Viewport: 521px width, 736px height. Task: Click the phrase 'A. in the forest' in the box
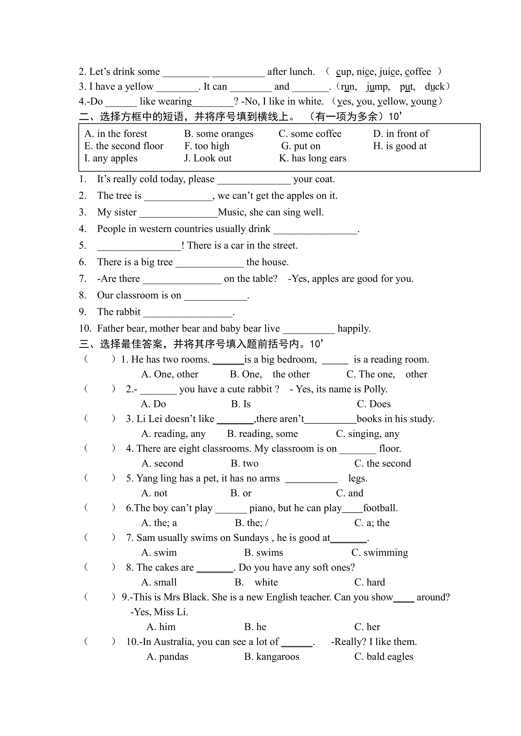pos(116,134)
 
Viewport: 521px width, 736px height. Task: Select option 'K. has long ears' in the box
pos(312,158)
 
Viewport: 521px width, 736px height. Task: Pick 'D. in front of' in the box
pos(401,134)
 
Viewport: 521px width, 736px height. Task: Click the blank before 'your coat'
pos(254,180)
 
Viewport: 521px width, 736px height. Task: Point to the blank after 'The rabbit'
pos(188,312)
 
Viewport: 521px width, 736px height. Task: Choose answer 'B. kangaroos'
pos(271,657)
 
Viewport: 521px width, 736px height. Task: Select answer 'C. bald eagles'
pos(384,657)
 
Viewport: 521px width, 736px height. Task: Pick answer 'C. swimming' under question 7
pos(380,553)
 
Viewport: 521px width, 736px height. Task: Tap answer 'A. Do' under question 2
pos(153,404)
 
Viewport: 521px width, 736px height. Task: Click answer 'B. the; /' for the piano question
pos(251,523)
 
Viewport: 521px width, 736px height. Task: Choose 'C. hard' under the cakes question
pos(370,583)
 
